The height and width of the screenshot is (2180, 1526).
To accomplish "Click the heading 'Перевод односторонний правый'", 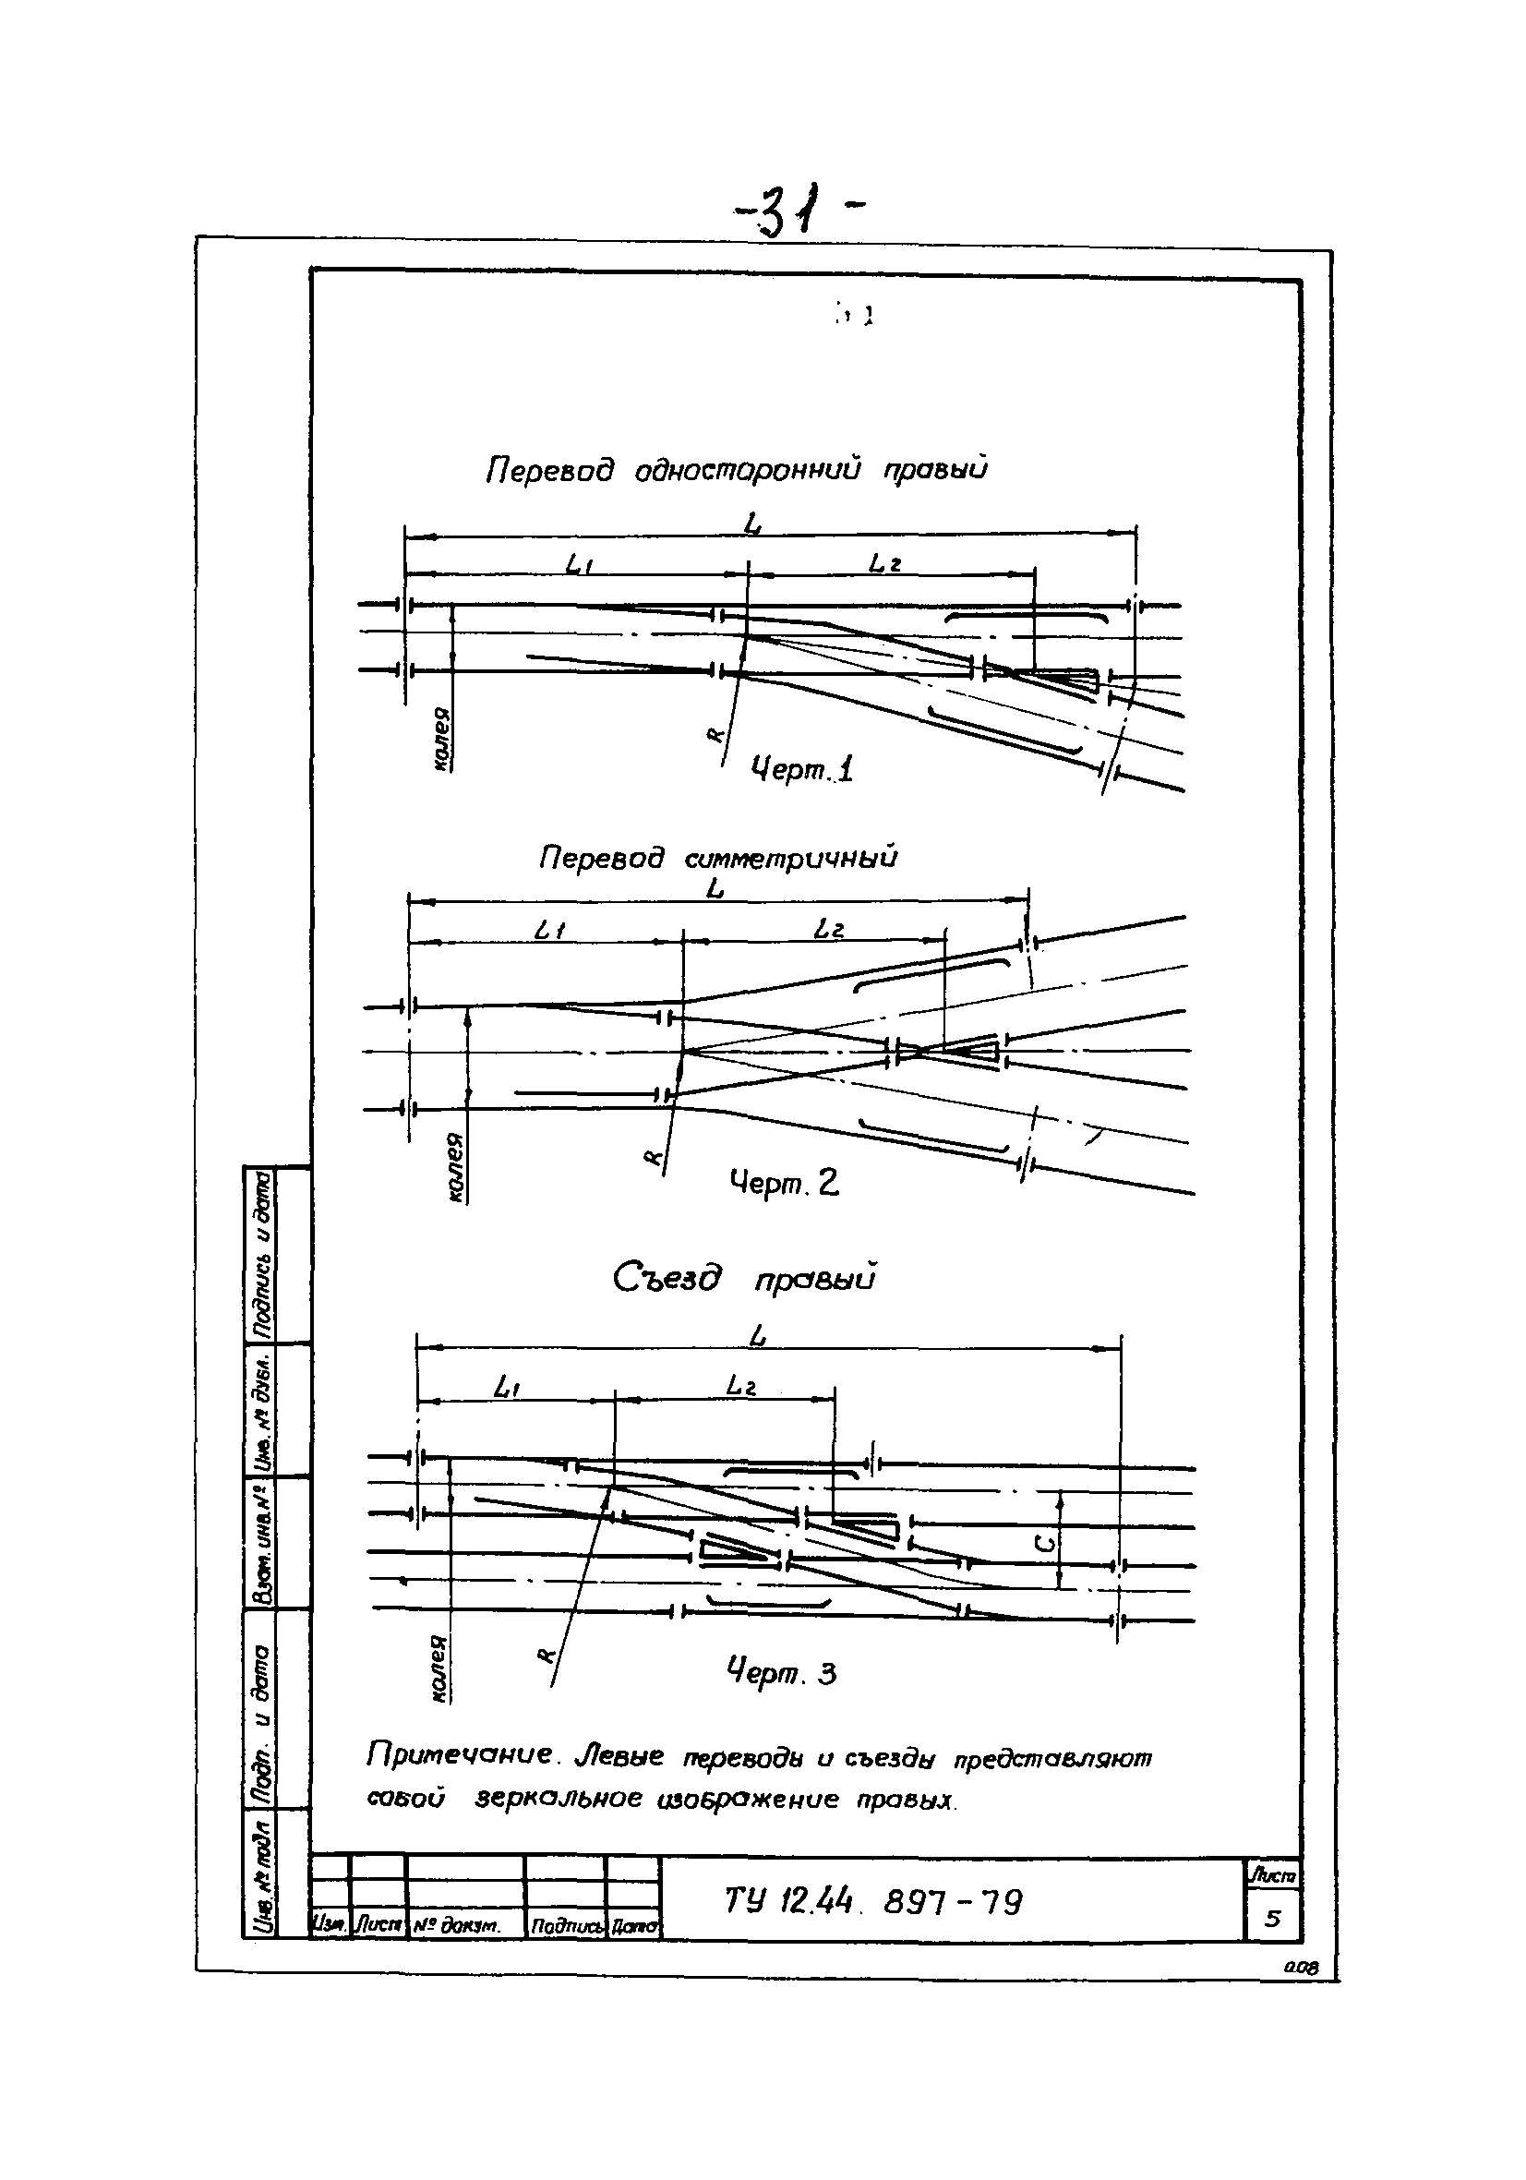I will pyautogui.click(x=736, y=469).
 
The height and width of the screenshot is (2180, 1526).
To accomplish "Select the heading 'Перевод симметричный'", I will pyautogui.click(x=717, y=859).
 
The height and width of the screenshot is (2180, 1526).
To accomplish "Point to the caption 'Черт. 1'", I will pyautogui.click(x=801, y=768).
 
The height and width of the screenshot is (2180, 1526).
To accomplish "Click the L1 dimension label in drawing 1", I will pyautogui.click(x=579, y=565).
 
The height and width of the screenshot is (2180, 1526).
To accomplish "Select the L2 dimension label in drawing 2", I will pyautogui.click(x=829, y=931).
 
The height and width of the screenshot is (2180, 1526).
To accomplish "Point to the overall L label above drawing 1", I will pyautogui.click(x=754, y=524).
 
